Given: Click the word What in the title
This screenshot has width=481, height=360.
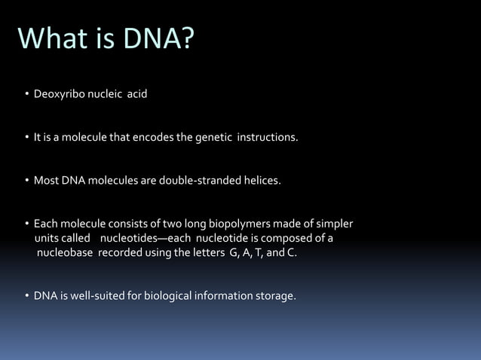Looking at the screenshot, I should [54, 38].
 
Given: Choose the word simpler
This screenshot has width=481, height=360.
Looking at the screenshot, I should [333, 224].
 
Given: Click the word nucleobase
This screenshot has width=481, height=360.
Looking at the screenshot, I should [65, 252].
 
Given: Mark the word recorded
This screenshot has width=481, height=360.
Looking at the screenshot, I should [118, 252].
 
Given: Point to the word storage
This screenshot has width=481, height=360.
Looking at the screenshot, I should [275, 296].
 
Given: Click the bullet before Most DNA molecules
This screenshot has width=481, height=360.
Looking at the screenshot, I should [26, 182].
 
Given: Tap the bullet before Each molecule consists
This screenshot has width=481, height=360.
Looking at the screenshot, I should [26, 224].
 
